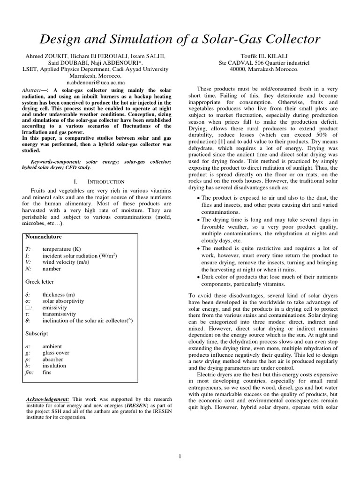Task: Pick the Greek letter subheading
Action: [x=39, y=282]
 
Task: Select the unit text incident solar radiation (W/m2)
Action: [x=79, y=255]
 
